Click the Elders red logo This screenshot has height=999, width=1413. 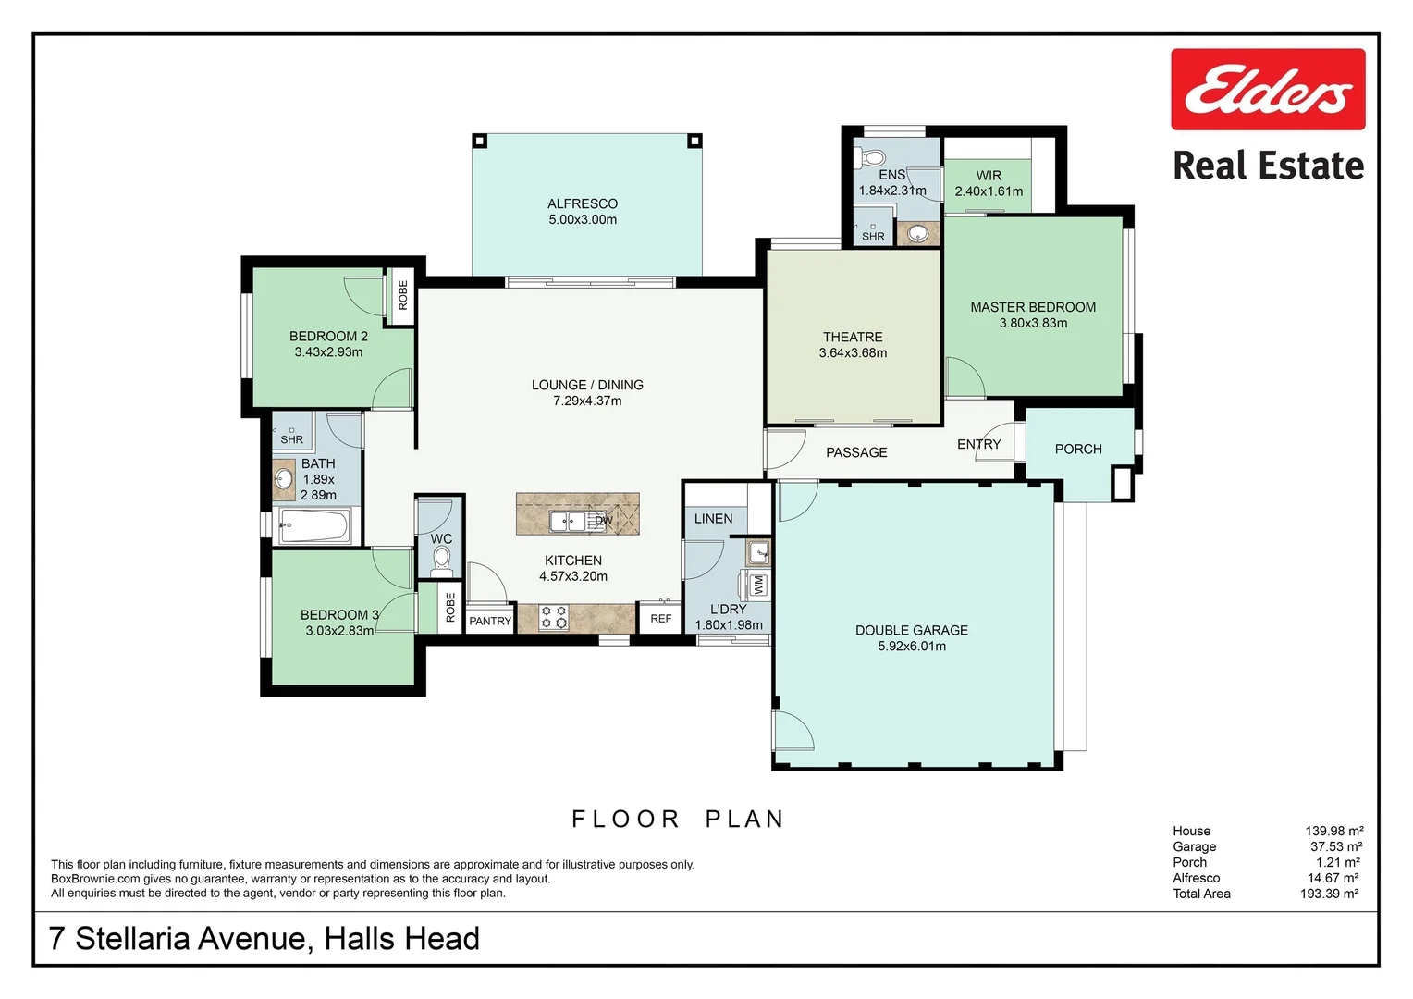[1268, 89]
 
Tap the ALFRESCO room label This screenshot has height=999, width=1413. [583, 203]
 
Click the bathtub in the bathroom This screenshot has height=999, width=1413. [314, 525]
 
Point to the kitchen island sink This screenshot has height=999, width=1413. [567, 522]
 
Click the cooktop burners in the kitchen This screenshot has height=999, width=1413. [553, 617]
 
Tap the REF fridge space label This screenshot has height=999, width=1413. [660, 619]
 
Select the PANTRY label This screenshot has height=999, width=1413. [490, 621]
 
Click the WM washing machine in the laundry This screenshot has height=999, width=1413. [757, 585]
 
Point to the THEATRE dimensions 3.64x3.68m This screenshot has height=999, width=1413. [853, 352]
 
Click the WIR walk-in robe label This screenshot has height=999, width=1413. [989, 176]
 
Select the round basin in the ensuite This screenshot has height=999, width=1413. [917, 234]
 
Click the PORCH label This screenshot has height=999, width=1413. [1078, 449]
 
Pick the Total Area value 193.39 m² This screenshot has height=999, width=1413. [1329, 894]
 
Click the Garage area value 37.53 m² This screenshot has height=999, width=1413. [1336, 846]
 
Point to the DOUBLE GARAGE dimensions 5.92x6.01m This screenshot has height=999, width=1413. [912, 647]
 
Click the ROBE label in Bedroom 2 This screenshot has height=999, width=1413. [403, 295]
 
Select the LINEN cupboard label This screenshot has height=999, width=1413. [714, 519]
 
